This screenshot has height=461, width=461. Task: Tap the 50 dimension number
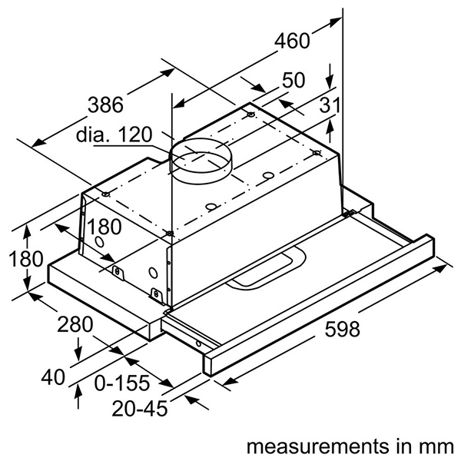coord(294,81)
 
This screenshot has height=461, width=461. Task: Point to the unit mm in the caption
coord(442,446)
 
